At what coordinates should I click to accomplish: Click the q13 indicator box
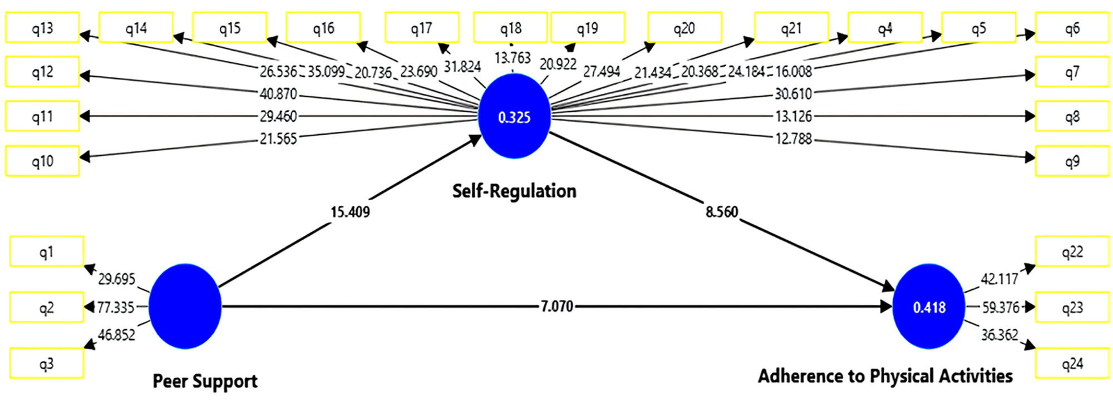42,28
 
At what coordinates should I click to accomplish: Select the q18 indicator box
510,28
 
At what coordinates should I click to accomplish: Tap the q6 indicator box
1072,28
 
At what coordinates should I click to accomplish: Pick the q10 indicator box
42,161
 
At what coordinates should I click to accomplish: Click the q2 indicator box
47,307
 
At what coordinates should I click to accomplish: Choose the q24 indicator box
1072,363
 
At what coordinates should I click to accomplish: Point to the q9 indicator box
1072,161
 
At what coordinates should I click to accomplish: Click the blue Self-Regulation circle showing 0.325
514,116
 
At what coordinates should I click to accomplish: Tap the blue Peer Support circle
185,306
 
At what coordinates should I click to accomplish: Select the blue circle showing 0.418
929,306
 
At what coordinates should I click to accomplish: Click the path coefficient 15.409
350,212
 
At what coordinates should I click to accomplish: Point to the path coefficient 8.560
722,212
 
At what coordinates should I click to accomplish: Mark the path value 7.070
556,306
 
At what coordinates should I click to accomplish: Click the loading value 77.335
116,307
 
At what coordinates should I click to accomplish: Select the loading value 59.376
1001,307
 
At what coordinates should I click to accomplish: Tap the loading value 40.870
278,93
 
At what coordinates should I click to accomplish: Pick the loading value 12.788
794,138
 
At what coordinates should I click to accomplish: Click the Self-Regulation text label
514,191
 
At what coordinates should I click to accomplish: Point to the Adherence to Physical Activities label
885,376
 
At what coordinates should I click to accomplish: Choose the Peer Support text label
205,382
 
